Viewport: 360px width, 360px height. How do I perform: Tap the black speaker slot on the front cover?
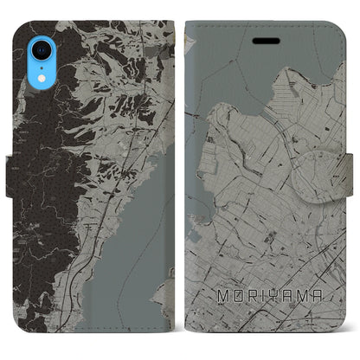click(x=262, y=41)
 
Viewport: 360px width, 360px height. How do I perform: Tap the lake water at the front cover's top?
click(x=251, y=69)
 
